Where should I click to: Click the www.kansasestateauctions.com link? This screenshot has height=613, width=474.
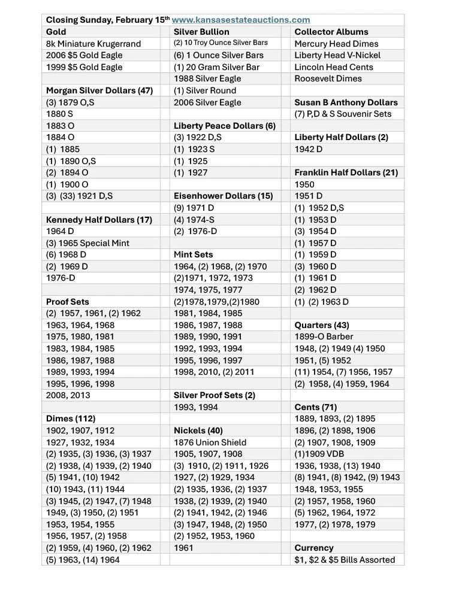(241, 20)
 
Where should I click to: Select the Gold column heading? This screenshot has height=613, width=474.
(56, 32)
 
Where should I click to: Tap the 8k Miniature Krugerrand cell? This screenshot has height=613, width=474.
(93, 44)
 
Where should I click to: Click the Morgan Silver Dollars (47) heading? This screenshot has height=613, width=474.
(99, 90)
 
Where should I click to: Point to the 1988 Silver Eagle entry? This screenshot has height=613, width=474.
(207, 78)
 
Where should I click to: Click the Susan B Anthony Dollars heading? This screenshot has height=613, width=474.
(346, 102)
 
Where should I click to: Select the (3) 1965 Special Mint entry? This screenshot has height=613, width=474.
(87, 243)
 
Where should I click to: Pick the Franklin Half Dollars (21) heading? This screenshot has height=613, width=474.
(346, 172)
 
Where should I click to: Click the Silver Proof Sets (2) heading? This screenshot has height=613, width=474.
(215, 395)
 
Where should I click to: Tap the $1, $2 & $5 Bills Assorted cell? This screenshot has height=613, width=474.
(345, 560)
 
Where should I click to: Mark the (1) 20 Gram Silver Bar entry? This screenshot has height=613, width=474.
(216, 67)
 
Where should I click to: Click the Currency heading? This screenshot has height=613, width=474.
(314, 548)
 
